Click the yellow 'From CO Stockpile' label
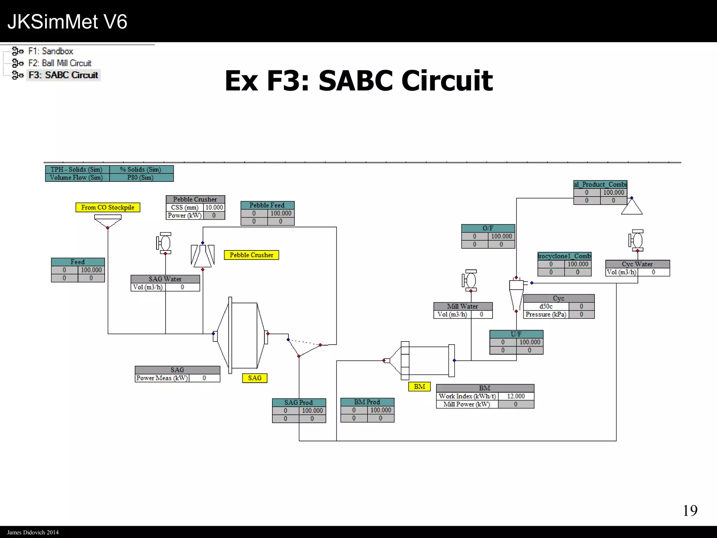(107, 207)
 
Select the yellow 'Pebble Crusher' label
(251, 255)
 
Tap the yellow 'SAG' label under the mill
(255, 378)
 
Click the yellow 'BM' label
(419, 386)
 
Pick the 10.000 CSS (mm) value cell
(214, 207)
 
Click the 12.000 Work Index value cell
(516, 396)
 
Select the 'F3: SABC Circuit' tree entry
(63, 75)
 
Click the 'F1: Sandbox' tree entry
(50, 51)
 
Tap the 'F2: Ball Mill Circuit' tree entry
(60, 63)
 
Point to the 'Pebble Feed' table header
(267, 205)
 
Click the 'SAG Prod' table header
(299, 402)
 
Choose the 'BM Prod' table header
(367, 402)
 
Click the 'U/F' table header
(516, 334)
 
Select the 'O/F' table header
(488, 228)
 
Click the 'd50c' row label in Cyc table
(546, 306)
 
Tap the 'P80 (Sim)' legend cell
(141, 178)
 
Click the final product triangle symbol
(632, 207)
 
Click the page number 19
(690, 511)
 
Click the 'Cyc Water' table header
(637, 264)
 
